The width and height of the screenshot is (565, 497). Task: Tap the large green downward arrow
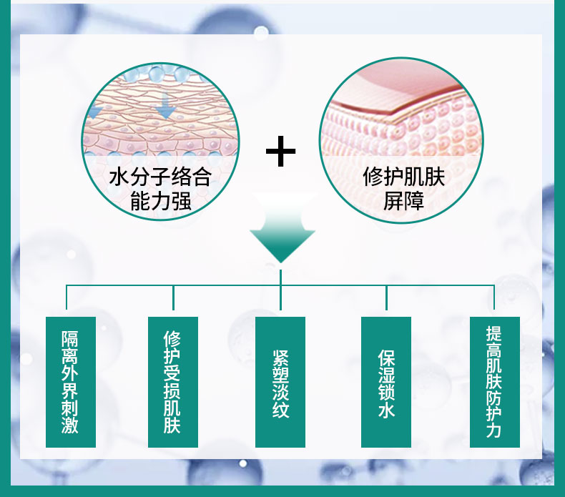(x=282, y=237)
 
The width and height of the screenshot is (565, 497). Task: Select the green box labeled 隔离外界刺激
(x=70, y=382)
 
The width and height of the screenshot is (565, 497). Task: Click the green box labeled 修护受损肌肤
(x=172, y=382)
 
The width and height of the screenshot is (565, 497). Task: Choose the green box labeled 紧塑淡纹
(x=280, y=382)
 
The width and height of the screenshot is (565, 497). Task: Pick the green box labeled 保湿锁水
(x=386, y=382)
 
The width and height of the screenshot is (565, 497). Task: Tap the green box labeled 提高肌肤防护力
(x=494, y=382)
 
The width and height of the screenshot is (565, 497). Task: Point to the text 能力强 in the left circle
(x=160, y=201)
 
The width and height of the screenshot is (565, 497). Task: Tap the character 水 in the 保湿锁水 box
(x=386, y=410)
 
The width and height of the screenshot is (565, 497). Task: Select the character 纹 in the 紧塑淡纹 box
(x=280, y=410)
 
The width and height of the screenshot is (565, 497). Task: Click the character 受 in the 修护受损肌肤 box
(x=172, y=372)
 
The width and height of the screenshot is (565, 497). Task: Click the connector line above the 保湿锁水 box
(x=386, y=300)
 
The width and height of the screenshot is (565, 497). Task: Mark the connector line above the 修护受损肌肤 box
(x=173, y=300)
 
